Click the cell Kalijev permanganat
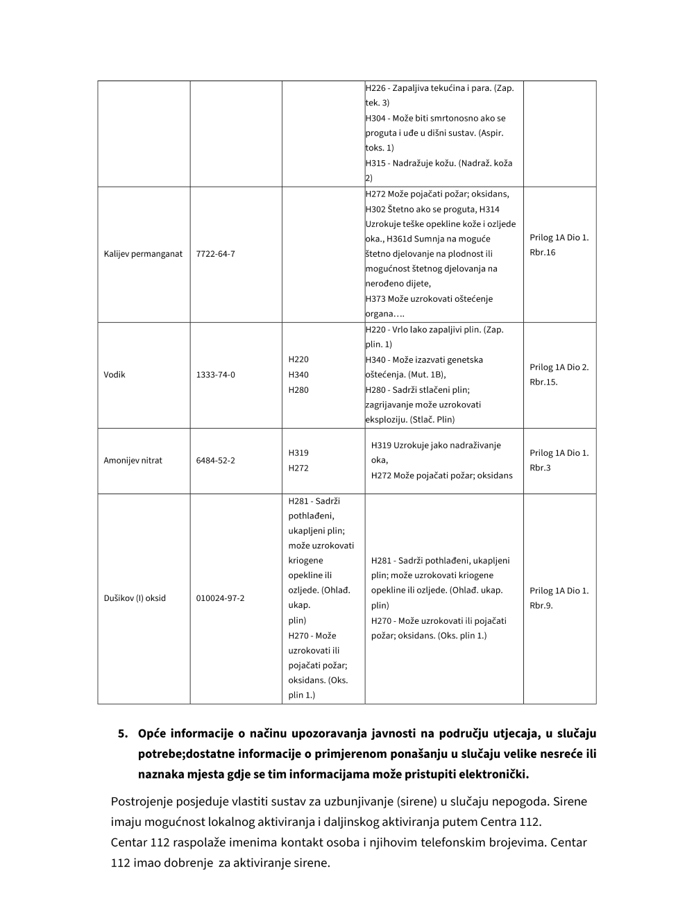point(143,254)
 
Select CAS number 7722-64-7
point(215,254)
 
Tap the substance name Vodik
point(115,375)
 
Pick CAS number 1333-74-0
point(215,375)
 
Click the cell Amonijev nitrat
point(133,460)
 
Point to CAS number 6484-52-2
point(215,460)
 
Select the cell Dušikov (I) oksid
point(135,598)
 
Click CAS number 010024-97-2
point(220,598)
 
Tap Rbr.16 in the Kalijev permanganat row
point(542,253)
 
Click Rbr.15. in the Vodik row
point(543,382)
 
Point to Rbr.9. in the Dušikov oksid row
point(541,606)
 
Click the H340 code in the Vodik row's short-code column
point(298,375)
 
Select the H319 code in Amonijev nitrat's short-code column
point(298,452)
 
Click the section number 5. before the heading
point(124,734)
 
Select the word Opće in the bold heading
point(151,734)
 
